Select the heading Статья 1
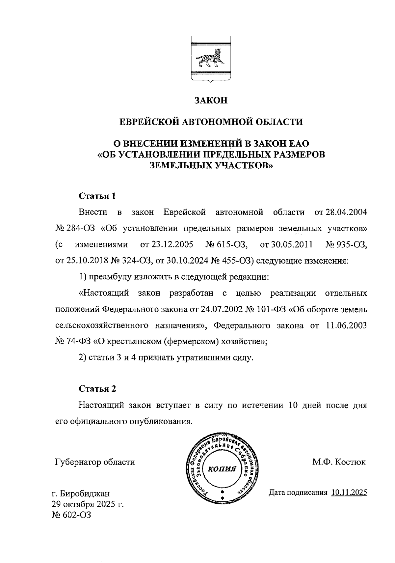pos(97,196)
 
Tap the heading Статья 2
pos(97,389)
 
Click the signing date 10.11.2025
pos(349,493)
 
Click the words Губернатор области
pos(95,462)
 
